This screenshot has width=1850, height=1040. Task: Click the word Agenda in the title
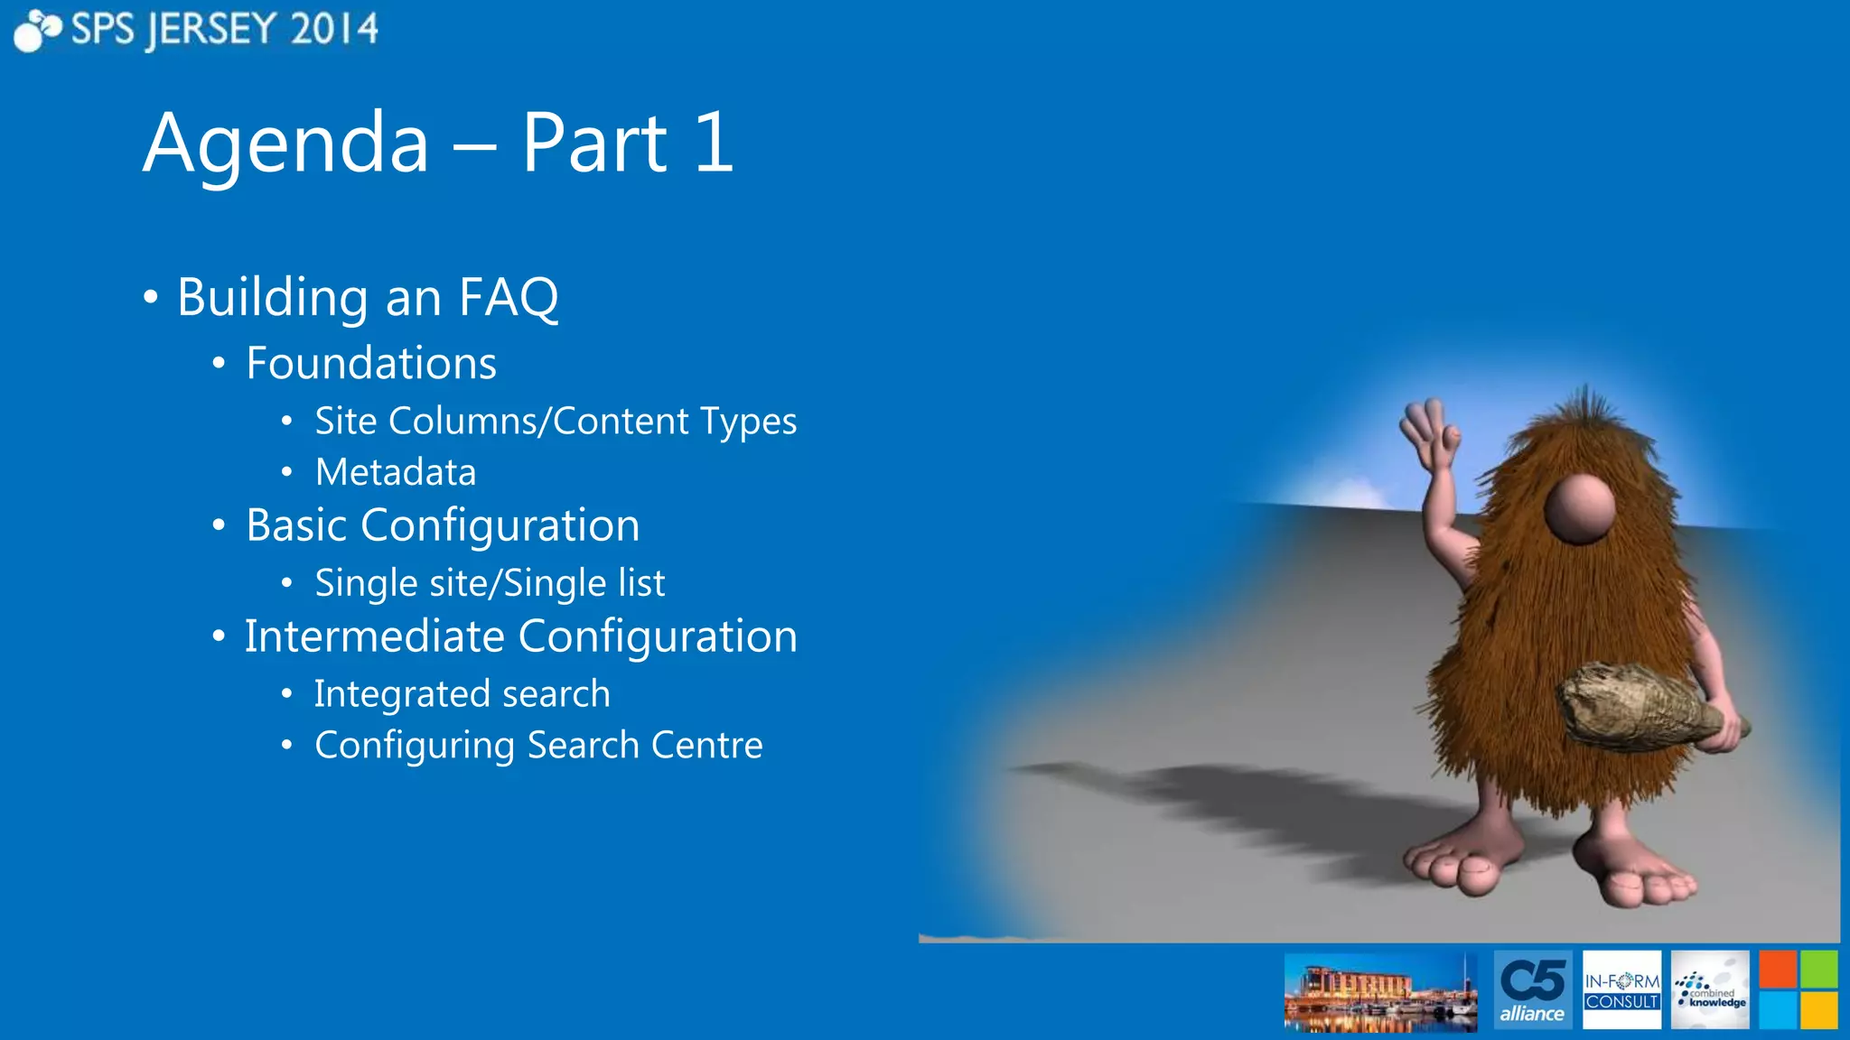point(285,144)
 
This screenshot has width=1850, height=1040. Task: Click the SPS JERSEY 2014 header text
point(223,30)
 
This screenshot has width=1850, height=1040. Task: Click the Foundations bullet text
point(371,363)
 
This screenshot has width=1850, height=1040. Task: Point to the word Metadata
point(395,472)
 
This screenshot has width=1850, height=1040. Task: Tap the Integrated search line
point(462,694)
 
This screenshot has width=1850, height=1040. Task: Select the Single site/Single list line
point(490,583)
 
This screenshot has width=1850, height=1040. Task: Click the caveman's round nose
point(1579,508)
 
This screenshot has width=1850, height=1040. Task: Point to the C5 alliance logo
point(1532,989)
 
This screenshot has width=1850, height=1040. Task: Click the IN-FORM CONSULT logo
point(1621,989)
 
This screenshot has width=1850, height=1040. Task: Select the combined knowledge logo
point(1710,989)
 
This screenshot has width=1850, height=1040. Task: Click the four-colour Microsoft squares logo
point(1798,989)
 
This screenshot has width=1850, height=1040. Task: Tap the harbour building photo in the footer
point(1380,991)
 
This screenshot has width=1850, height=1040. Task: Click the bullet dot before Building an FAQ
point(151,297)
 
